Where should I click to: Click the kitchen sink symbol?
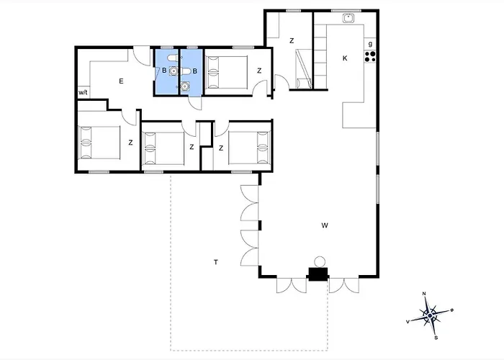(x=348, y=18)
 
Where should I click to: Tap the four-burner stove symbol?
(x=370, y=57)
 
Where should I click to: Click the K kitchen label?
(x=345, y=58)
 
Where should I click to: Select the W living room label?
(x=325, y=225)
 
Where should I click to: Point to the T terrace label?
(x=216, y=262)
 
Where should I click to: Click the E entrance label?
(x=121, y=81)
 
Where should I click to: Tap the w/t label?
(x=83, y=93)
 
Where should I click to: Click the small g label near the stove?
(x=370, y=44)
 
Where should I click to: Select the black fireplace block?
(x=318, y=274)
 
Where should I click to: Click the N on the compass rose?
(x=424, y=294)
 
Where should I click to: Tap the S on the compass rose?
(x=436, y=338)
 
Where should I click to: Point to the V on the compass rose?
(x=408, y=321)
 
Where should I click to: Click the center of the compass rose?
(x=430, y=315)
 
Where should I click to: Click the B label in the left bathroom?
(x=164, y=70)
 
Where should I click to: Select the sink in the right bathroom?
(x=184, y=86)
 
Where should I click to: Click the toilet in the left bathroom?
(x=173, y=58)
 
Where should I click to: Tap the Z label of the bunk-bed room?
(x=292, y=41)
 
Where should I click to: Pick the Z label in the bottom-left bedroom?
(x=130, y=143)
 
